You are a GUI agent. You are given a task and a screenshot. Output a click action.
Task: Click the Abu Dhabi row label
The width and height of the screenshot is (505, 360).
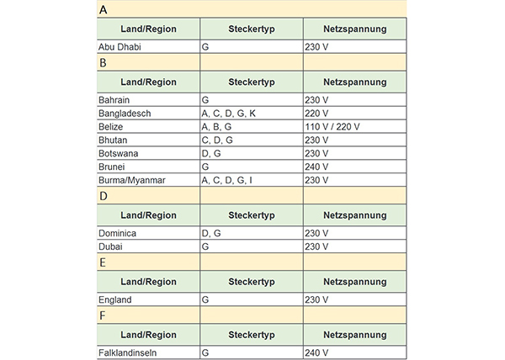[120, 47]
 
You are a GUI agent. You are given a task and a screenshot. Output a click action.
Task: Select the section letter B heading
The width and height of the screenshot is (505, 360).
[103, 63]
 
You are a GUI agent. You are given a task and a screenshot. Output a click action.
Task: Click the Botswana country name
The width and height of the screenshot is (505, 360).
[120, 154]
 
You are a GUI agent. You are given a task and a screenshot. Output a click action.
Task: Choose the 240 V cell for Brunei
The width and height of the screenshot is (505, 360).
[317, 167]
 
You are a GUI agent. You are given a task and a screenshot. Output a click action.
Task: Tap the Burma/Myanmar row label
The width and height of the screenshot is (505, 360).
[133, 181]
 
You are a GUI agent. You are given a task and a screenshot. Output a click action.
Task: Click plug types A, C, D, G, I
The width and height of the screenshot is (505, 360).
[226, 181]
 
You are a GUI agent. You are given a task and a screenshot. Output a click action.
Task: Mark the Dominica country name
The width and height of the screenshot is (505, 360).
[118, 233]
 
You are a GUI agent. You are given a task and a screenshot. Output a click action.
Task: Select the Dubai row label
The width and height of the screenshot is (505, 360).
[110, 246]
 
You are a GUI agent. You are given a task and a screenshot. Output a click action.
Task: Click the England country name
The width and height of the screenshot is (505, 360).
[115, 299]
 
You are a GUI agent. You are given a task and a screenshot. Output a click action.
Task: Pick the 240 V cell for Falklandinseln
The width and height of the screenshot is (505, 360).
[317, 352]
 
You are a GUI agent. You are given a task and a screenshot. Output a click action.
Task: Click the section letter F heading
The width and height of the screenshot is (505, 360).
[102, 315]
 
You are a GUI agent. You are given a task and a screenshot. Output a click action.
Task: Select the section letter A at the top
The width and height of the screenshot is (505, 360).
[103, 10]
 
